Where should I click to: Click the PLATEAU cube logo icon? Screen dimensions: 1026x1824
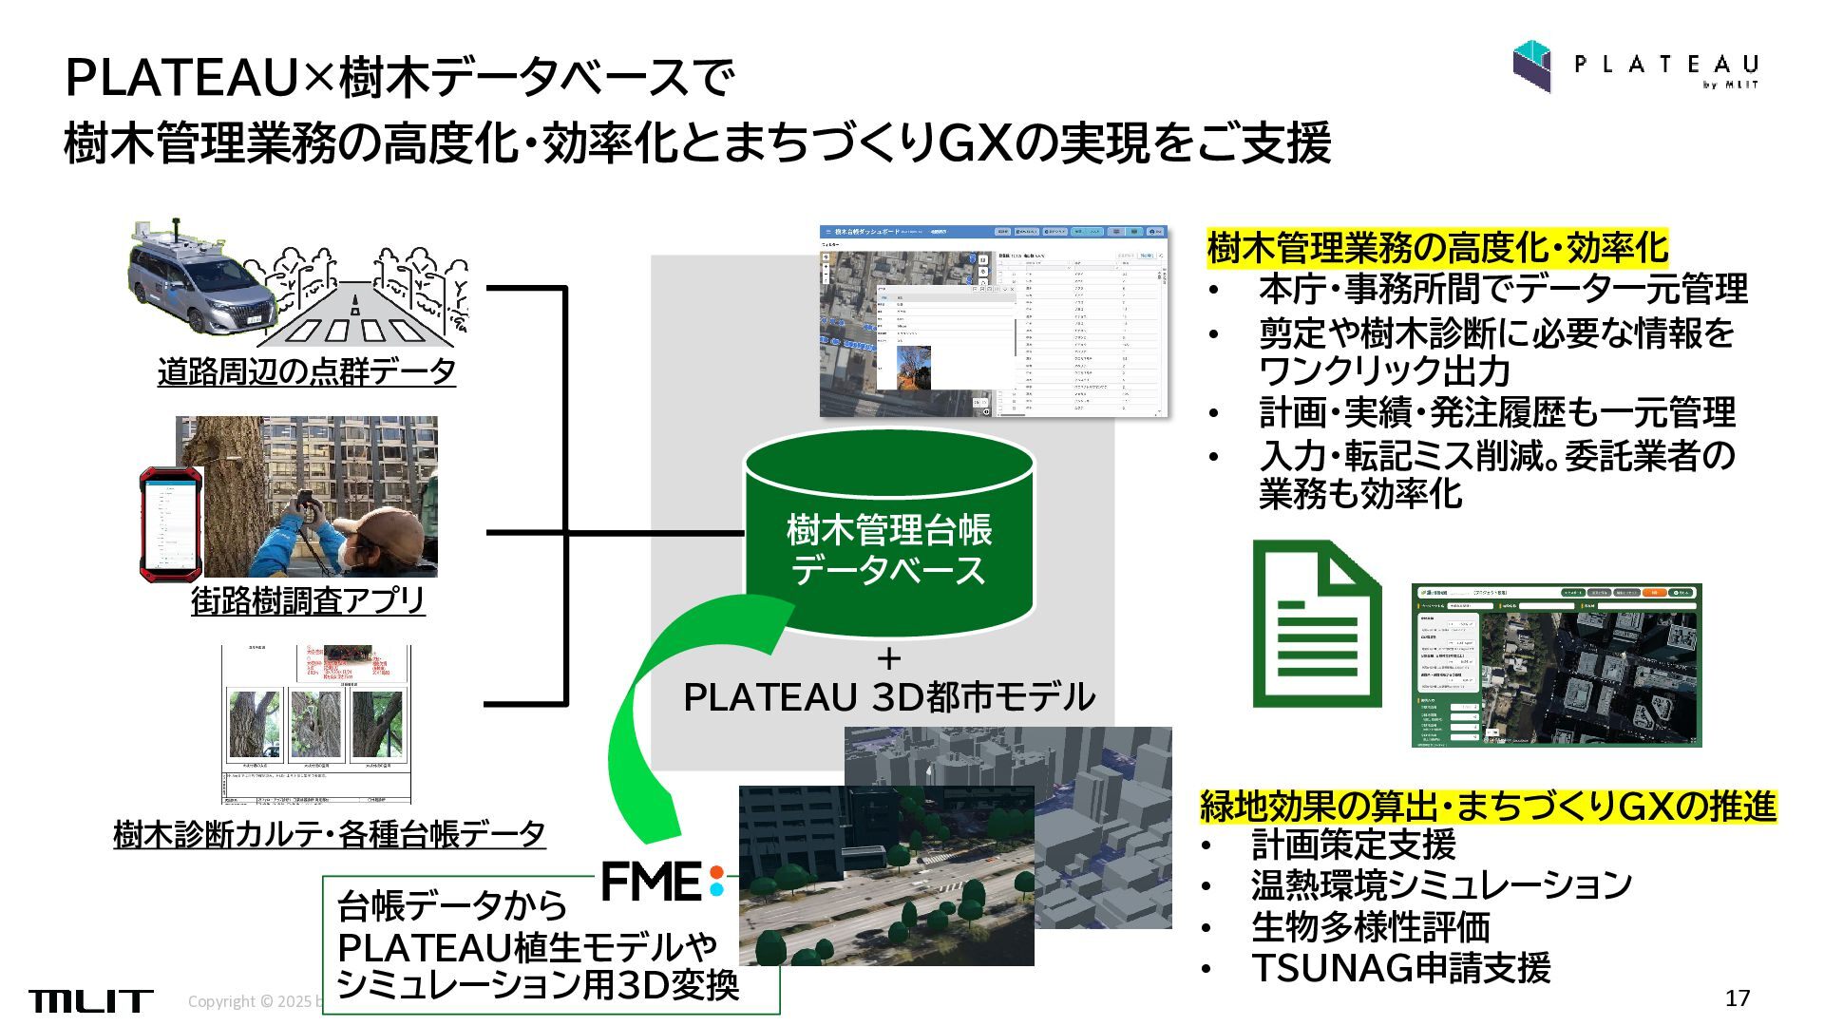[1531, 66]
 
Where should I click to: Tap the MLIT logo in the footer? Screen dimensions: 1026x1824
[90, 1000]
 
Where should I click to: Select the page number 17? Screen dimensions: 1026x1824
[1738, 998]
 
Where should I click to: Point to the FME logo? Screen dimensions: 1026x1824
[663, 881]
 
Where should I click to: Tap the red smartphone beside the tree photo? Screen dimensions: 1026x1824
[171, 523]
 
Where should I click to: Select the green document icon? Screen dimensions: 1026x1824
[1316, 624]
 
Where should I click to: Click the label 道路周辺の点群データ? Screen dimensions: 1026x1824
[306, 371]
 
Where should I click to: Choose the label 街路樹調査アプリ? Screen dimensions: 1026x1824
[308, 600]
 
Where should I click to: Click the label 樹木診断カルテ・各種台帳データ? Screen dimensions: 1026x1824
[329, 834]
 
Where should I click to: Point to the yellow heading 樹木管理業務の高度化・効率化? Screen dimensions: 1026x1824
[1436, 248]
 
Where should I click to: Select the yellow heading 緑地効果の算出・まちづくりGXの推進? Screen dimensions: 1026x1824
[1488, 807]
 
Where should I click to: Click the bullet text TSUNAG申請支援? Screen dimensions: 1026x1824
[1400, 968]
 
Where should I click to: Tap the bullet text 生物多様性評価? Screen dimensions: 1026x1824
[1370, 926]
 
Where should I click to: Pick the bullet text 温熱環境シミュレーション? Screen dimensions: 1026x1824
[1441, 885]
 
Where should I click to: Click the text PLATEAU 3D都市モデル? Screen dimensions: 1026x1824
[889, 697]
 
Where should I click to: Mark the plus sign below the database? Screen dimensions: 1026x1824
[889, 658]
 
